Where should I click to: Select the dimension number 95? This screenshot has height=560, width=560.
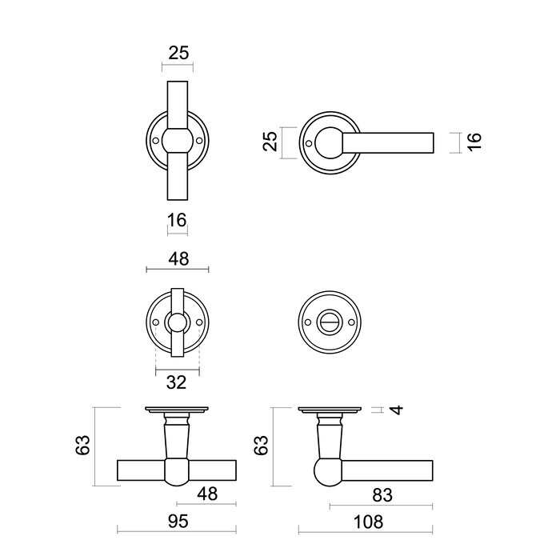click(178, 522)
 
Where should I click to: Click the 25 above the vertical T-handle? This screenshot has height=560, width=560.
click(179, 53)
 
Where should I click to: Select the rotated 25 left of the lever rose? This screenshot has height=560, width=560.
click(270, 142)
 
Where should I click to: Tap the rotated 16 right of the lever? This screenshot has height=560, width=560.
click(474, 142)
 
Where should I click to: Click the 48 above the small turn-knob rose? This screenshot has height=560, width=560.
click(178, 258)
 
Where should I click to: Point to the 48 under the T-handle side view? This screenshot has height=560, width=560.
click(208, 494)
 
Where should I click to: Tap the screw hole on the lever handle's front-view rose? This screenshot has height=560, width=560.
click(309, 145)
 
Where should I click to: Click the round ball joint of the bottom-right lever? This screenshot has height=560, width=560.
click(327, 472)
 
